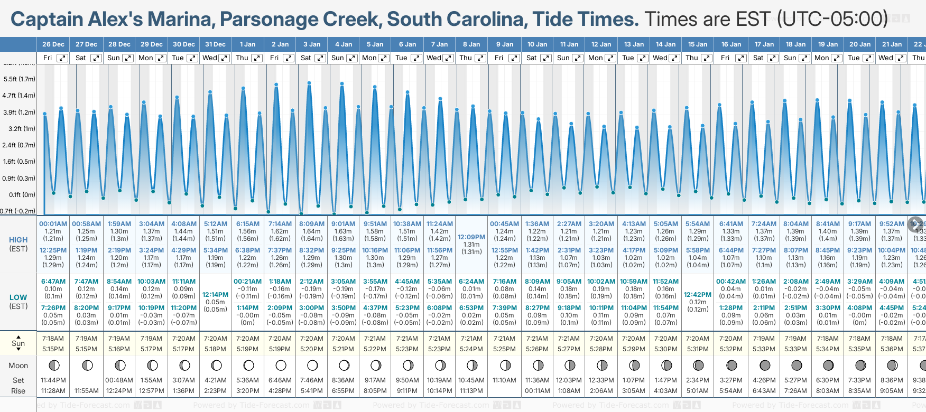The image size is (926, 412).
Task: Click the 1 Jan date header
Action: pos(247,44)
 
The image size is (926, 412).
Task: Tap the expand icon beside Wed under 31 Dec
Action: pos(224,58)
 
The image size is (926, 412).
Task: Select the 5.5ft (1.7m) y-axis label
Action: pos(19,79)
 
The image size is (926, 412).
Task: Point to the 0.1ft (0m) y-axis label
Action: pos(22,195)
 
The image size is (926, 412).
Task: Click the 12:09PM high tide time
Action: pos(471,237)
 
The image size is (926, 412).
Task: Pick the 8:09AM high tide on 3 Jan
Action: pos(312,224)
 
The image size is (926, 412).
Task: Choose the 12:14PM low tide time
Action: pos(215,295)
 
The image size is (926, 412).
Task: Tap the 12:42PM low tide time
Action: pos(698,295)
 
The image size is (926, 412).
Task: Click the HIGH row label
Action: pos(18,240)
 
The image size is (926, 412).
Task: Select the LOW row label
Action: pos(18,297)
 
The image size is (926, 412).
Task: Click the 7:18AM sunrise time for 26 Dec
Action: pos(53,339)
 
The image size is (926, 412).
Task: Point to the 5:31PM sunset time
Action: pos(698,349)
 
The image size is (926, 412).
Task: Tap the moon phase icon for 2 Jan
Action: pos(281,366)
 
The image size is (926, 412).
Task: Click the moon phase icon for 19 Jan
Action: pos(828,366)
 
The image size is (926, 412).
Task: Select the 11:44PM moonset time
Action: pos(53,380)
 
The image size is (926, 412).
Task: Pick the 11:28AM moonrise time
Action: pos(53,391)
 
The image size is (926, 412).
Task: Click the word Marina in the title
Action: pos(180,20)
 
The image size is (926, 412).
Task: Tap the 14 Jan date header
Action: pos(665,44)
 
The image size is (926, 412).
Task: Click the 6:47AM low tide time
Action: pos(53,282)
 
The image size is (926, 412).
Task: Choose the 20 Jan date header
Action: pos(860,44)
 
